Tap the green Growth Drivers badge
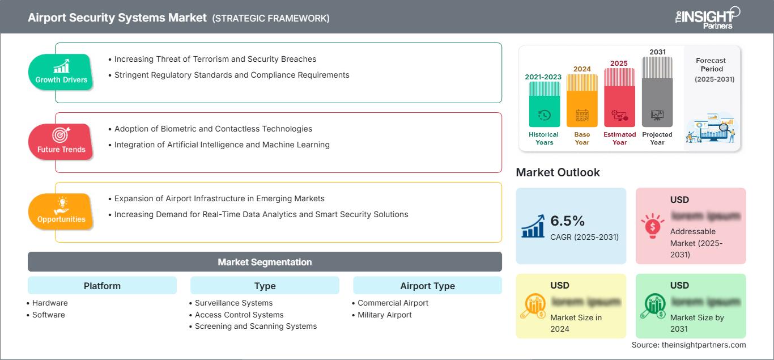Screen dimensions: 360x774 (61, 71)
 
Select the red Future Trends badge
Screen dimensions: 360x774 (61, 141)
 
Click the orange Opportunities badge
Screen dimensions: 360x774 (61, 211)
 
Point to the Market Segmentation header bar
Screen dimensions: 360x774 (265, 262)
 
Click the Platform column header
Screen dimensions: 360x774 (102, 286)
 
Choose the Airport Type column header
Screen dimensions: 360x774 (427, 286)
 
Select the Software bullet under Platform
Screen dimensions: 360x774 (48, 315)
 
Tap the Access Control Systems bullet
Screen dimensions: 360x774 (239, 315)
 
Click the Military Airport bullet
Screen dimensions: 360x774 (384, 315)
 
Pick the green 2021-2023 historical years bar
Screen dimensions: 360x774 (544, 104)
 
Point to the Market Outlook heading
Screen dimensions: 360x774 (558, 172)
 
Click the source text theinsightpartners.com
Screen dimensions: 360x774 (689, 345)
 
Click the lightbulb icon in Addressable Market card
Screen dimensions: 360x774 (652, 225)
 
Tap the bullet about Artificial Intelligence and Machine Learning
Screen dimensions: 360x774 (222, 145)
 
